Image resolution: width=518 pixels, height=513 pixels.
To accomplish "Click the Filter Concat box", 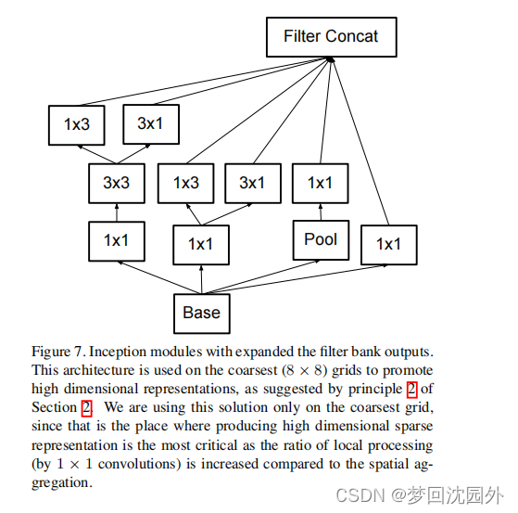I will pyautogui.click(x=331, y=38).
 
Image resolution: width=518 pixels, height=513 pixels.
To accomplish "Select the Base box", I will pyautogui.click(x=201, y=313).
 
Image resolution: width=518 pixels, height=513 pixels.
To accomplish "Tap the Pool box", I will pyautogui.click(x=321, y=239).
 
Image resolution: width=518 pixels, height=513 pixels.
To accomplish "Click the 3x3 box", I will pyautogui.click(x=116, y=183).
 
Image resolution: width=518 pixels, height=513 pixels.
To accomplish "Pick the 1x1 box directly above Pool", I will pyautogui.click(x=320, y=183).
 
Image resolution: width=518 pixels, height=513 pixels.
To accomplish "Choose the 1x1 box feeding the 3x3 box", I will pyautogui.click(x=116, y=240).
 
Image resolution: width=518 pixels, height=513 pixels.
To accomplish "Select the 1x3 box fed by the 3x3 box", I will pyautogui.click(x=76, y=123).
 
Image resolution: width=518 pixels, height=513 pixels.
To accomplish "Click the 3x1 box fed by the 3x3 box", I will pyautogui.click(x=150, y=123).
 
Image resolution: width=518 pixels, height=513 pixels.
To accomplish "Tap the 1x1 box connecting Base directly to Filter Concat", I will pyautogui.click(x=388, y=244).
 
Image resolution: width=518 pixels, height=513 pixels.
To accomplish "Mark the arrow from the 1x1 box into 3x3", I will pyautogui.click(x=116, y=212).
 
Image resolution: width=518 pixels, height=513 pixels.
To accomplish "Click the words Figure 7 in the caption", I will pyautogui.click(x=60, y=353).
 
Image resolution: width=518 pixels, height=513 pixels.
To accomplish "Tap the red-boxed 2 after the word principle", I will pyautogui.click(x=411, y=389).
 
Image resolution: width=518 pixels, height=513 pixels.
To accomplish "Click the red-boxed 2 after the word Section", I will pyautogui.click(x=86, y=407).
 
